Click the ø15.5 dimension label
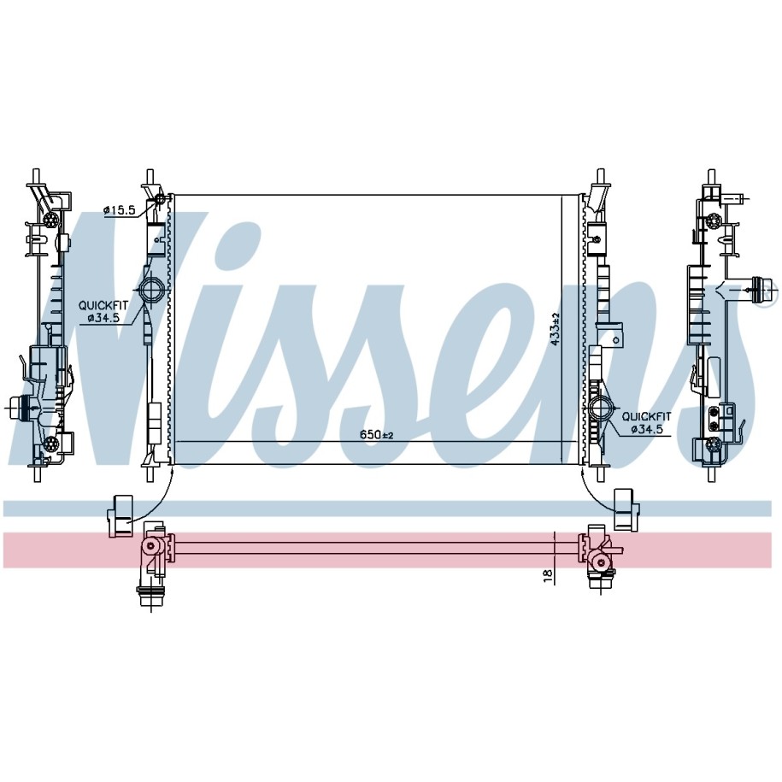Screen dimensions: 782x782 click(119, 210)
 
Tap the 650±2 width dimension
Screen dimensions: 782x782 click(377, 434)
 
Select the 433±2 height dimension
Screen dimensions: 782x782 click(556, 327)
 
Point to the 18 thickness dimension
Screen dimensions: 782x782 click(548, 575)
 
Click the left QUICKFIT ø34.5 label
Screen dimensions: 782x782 click(103, 311)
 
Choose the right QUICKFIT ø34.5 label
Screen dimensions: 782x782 click(646, 422)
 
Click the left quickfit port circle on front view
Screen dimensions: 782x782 click(150, 289)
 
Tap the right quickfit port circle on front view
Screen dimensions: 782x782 click(599, 408)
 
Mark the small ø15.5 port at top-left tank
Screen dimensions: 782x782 click(160, 200)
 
